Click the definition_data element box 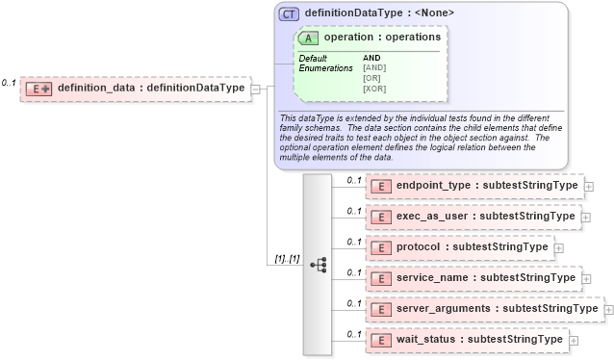click(135, 89)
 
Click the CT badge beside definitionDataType click(289, 14)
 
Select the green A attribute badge click(310, 38)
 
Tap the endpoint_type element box click(473, 186)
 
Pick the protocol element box click(458, 247)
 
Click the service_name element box click(473, 278)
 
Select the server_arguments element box click(483, 309)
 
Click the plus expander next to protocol click(558, 248)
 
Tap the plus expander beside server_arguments click(608, 310)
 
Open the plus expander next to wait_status click(574, 341)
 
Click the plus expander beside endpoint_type click(589, 187)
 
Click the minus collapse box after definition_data click(256, 90)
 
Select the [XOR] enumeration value click(374, 89)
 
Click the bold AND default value click(371, 58)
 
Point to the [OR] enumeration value click(372, 78)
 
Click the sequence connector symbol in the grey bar click(320, 263)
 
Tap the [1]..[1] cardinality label click(287, 260)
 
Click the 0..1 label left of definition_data click(9, 84)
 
